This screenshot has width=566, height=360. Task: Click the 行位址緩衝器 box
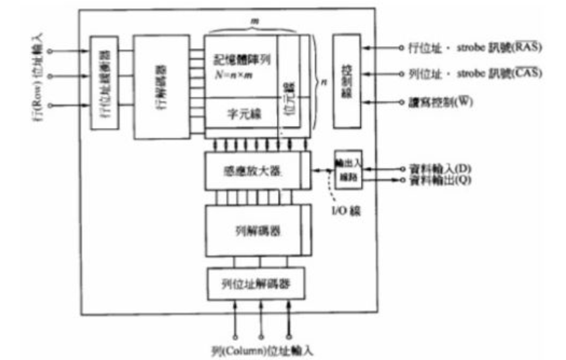[105, 82]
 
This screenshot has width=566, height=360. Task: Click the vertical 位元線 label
[287, 99]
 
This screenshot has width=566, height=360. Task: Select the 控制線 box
[347, 81]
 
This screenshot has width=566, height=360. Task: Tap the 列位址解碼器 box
[256, 284]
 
